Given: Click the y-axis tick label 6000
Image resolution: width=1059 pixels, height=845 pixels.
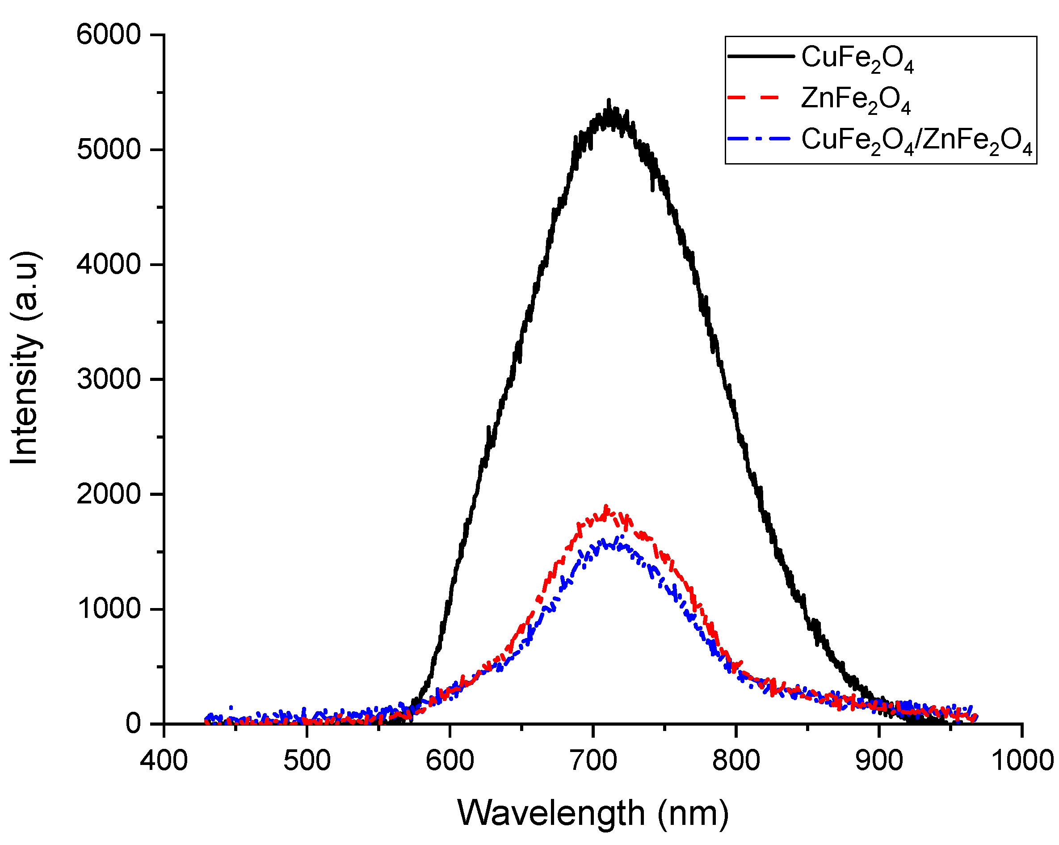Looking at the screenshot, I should (109, 35).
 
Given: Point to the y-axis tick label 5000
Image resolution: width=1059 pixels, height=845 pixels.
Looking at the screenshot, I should (109, 150).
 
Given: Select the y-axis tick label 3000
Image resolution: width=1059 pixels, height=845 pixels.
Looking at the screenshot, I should (109, 380).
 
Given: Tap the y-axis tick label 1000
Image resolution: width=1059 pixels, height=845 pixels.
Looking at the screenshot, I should (109, 608).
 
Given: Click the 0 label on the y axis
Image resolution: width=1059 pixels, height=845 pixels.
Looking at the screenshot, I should (133, 723).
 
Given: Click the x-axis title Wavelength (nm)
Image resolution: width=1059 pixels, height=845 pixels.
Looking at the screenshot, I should (593, 814).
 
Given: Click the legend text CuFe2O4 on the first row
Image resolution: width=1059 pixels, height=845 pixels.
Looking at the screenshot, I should (857, 59).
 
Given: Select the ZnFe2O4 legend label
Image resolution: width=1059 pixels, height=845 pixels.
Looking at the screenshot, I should (856, 100).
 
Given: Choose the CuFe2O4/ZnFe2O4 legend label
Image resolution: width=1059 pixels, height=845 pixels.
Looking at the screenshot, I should (916, 142).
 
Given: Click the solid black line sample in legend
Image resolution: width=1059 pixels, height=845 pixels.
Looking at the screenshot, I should (761, 56).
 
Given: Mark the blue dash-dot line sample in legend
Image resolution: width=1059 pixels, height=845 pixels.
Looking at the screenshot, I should (759, 139).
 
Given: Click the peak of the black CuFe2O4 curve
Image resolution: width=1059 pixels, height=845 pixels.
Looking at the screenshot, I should (609, 101).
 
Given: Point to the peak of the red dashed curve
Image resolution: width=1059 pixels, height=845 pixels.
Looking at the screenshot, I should (606, 506).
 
